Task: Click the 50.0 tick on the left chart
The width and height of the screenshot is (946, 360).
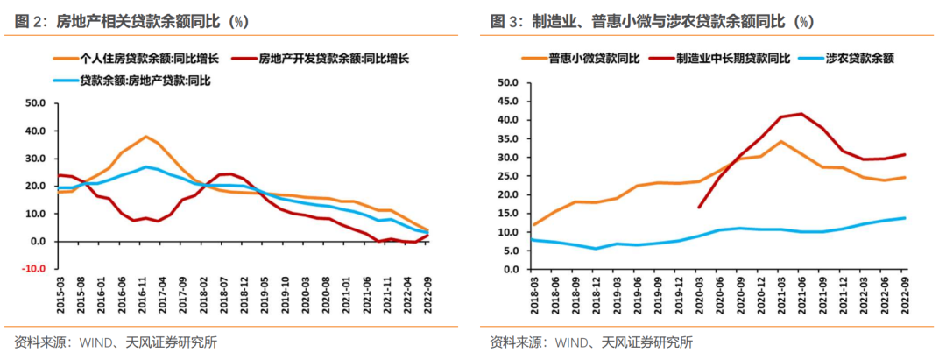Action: [35, 103]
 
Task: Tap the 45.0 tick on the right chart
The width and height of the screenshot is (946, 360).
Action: [509, 102]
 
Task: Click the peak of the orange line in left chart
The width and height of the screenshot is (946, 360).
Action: [145, 137]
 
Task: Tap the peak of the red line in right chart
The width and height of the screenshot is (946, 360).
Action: [801, 114]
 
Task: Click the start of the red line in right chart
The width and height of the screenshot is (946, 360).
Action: [699, 208]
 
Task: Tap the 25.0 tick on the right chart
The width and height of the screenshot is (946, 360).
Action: [509, 176]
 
